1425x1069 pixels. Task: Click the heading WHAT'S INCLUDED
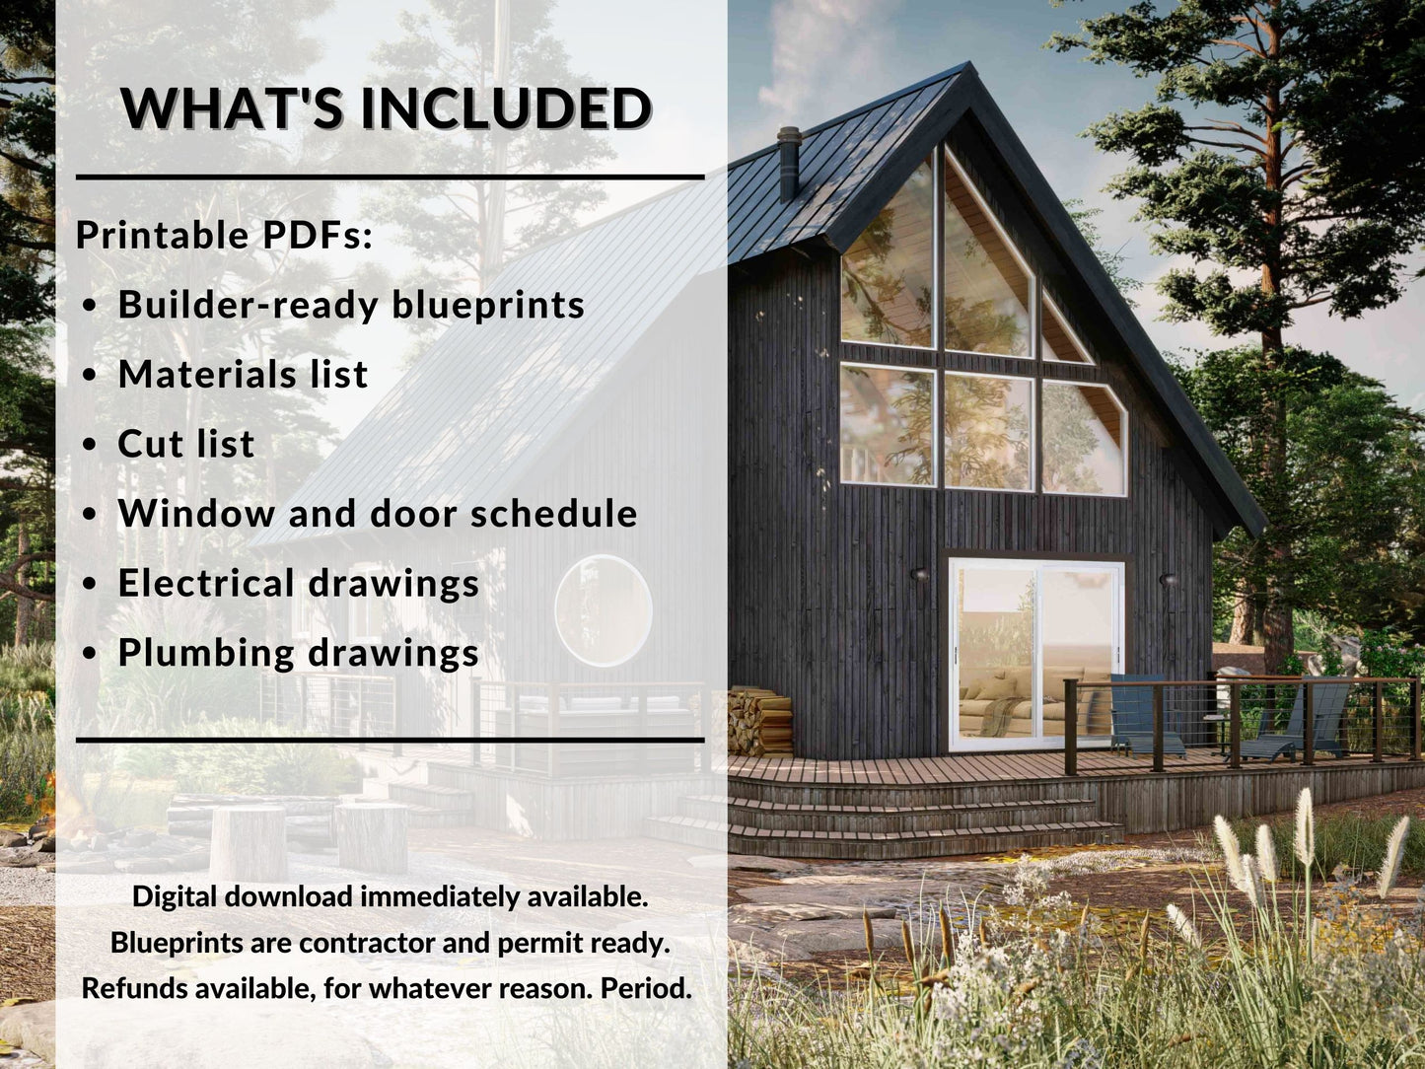[386, 107]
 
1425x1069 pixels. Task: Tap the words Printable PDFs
[224, 235]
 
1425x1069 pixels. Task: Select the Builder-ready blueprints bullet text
[351, 305]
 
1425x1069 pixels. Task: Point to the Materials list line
[243, 375]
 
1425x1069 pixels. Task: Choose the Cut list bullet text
[185, 444]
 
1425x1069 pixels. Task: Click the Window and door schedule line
[378, 514]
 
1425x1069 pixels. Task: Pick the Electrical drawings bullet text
[298, 583]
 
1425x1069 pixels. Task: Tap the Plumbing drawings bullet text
[298, 653]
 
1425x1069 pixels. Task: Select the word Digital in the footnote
[175, 896]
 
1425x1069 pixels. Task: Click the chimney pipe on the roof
[789, 163]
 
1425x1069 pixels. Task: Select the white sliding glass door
[1035, 654]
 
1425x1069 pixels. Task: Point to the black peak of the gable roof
[965, 73]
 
